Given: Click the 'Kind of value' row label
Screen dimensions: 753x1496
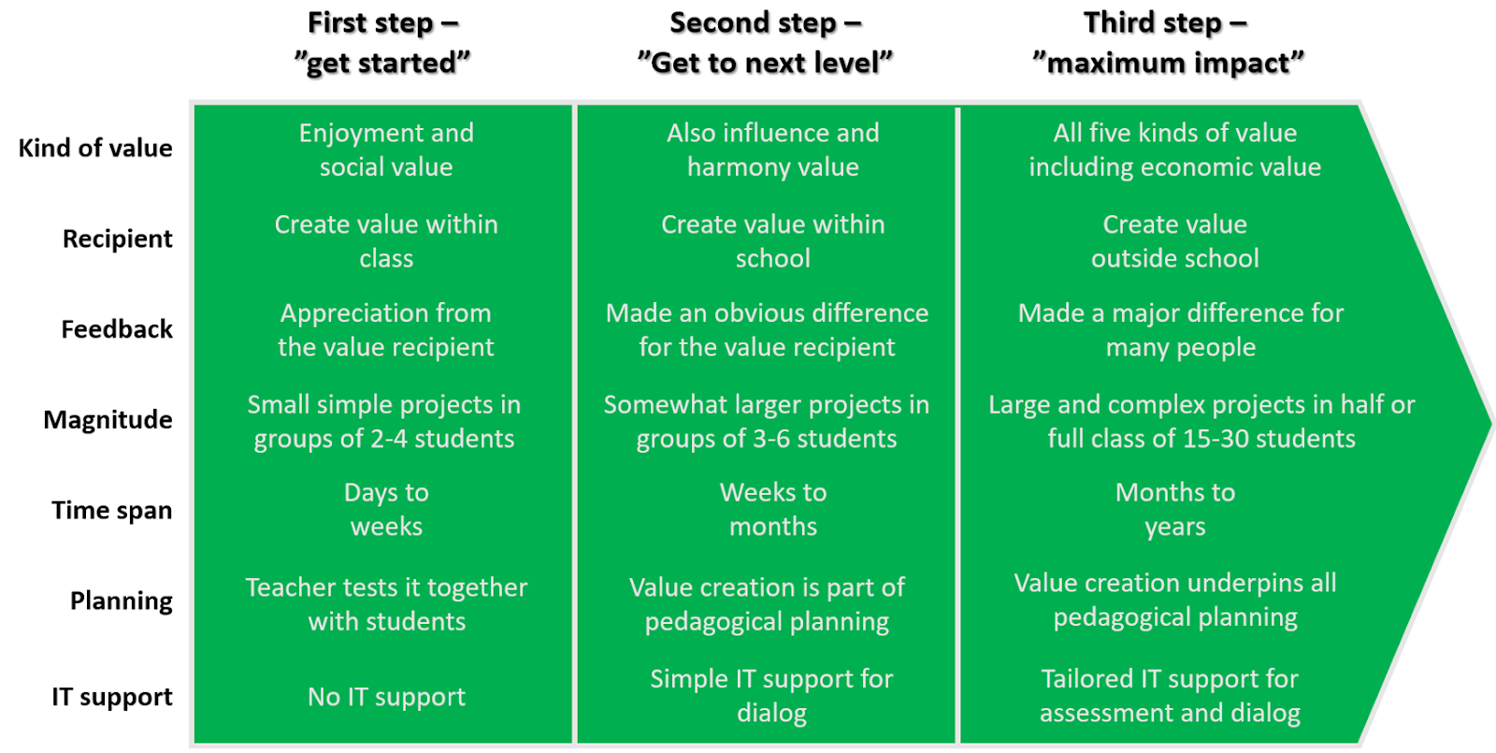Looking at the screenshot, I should pos(95,148).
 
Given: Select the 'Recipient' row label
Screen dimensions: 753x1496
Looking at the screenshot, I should pos(117,239).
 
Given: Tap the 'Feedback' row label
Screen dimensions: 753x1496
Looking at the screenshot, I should pos(117,329).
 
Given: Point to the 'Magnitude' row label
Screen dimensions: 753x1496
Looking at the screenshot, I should pos(108,419).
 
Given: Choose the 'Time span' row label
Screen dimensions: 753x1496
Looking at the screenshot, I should pos(111,510).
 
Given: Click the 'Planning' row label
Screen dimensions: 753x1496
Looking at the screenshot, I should pos(121,601).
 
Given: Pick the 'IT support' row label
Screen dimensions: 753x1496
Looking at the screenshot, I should pos(111,697).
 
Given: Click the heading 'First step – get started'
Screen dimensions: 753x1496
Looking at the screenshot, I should pos(382,42).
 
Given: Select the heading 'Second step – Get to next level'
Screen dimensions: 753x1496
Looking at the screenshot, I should pos(765,42).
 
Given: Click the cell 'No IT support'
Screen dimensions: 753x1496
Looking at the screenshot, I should pos(386,697).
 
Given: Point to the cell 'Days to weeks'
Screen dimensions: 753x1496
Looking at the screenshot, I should pos(386,510).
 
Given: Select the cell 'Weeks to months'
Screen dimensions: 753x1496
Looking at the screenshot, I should pos(772,510).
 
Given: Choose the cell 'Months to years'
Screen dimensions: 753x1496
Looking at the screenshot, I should pos(1174,510).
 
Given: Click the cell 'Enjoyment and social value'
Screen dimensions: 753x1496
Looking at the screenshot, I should pos(386,150).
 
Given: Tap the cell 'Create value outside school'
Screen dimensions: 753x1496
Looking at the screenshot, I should pos(1174,241).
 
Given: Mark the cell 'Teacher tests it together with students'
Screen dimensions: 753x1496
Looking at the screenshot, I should pos(386,604).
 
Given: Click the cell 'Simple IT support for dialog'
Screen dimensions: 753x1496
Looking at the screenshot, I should pos(771,696).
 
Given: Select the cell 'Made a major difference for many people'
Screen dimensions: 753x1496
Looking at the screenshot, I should pos(1180,330).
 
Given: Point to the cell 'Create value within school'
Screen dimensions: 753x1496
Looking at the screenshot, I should pos(772,241).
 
